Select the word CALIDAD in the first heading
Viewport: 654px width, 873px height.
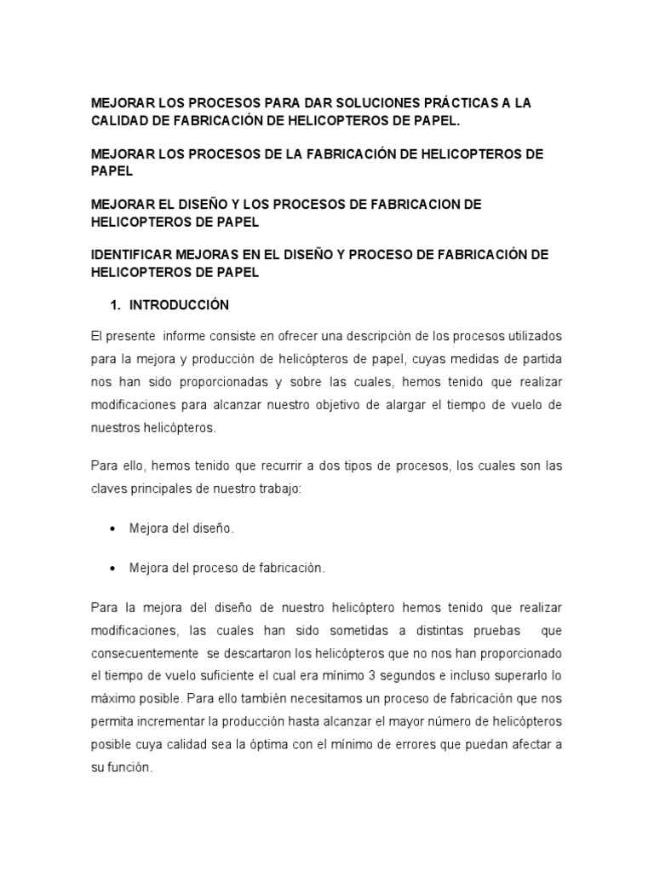pyautogui.click(x=124, y=121)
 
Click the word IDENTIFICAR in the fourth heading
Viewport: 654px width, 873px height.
pyautogui.click(x=138, y=255)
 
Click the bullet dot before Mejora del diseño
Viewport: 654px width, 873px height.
pyautogui.click(x=112, y=529)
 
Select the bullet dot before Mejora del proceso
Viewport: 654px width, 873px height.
pyautogui.click(x=112, y=568)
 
